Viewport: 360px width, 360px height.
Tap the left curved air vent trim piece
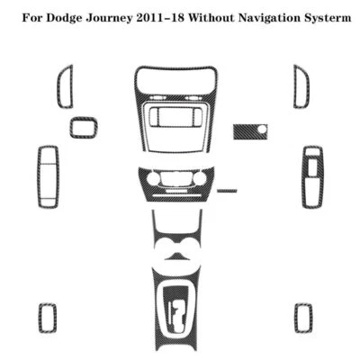(x=65, y=86)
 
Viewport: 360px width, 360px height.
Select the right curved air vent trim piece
(x=300, y=86)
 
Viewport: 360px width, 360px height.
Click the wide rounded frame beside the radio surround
(x=83, y=127)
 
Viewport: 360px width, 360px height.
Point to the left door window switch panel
(x=48, y=176)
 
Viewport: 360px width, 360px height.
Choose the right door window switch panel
(x=311, y=175)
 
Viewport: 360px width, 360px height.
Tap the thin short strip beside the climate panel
(x=228, y=191)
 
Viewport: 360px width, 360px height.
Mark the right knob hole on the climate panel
(x=199, y=180)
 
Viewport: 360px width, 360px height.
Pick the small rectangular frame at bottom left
(x=48, y=316)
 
